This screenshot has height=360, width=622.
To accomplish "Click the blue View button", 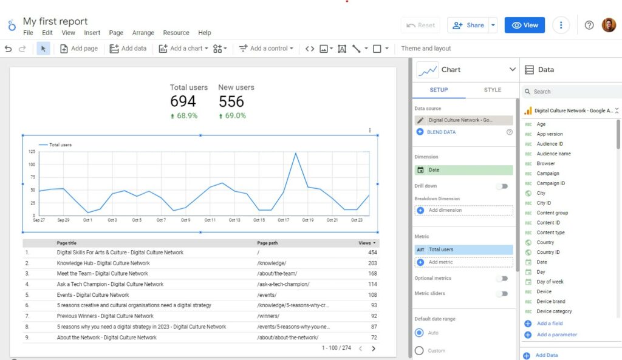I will click(525, 25).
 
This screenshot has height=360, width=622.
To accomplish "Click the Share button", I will click(468, 25).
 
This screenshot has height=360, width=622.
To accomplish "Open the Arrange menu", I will click(143, 33).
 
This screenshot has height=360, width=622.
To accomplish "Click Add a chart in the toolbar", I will click(183, 49).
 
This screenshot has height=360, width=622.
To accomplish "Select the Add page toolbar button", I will click(78, 49).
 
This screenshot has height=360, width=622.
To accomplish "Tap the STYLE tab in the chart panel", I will click(493, 90).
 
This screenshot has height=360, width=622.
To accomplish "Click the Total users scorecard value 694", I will click(183, 101).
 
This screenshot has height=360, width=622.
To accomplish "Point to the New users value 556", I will click(231, 101).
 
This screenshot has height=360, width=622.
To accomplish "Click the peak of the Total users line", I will click(296, 153).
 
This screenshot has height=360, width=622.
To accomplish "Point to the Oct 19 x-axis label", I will click(307, 220).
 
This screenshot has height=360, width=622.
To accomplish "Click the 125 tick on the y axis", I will click(32, 152).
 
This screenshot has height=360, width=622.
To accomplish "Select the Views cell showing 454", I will click(372, 253).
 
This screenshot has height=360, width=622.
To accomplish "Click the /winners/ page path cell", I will click(268, 316).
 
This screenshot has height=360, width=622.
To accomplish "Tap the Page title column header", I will click(66, 243).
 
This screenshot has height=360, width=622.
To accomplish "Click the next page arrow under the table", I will click(373, 348).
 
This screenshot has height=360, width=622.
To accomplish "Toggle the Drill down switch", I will click(502, 186).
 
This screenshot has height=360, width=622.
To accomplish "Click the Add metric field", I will click(464, 262).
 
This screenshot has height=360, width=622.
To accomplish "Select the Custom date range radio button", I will click(419, 350).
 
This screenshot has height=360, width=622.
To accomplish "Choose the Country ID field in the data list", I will click(548, 253).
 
